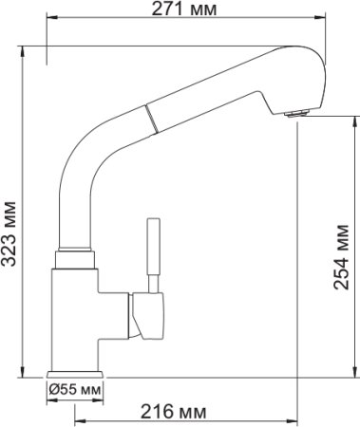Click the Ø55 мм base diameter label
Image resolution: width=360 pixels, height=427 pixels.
[74, 390]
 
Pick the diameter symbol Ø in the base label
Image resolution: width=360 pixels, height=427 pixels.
[54, 390]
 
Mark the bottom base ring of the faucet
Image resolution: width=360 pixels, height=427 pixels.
[74, 372]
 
